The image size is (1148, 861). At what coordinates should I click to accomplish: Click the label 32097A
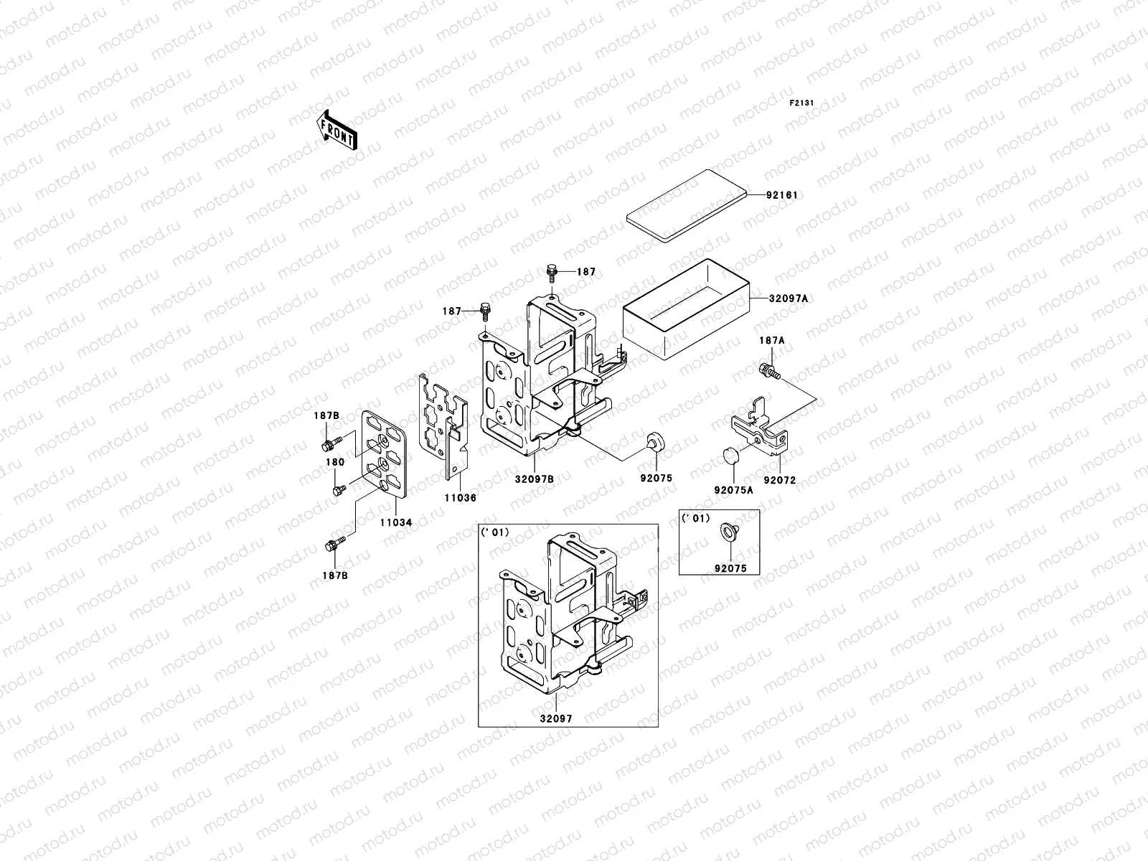pos(789,298)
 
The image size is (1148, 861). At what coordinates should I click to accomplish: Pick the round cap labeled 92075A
pos(730,456)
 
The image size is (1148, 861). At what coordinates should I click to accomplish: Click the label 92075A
pos(733,491)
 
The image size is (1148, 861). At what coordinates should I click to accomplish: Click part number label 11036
pos(461,497)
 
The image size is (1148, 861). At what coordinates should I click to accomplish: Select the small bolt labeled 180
pos(338,490)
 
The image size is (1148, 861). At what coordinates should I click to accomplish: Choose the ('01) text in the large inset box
pos(495,532)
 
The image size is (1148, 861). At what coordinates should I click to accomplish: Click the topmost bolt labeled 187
pos(551,270)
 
